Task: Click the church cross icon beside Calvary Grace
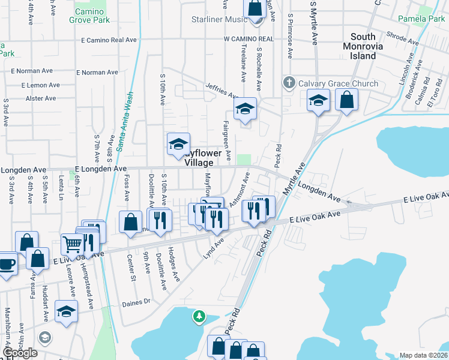(289, 82)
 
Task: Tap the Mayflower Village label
(199, 158)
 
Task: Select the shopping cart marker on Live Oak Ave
(72, 244)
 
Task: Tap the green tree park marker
(199, 316)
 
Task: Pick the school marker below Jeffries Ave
(244, 109)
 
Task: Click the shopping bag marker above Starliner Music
(255, 8)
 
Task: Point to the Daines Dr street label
(135, 302)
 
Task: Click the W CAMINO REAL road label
(249, 39)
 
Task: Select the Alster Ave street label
(41, 98)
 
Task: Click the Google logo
(19, 353)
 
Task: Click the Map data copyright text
(424, 355)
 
